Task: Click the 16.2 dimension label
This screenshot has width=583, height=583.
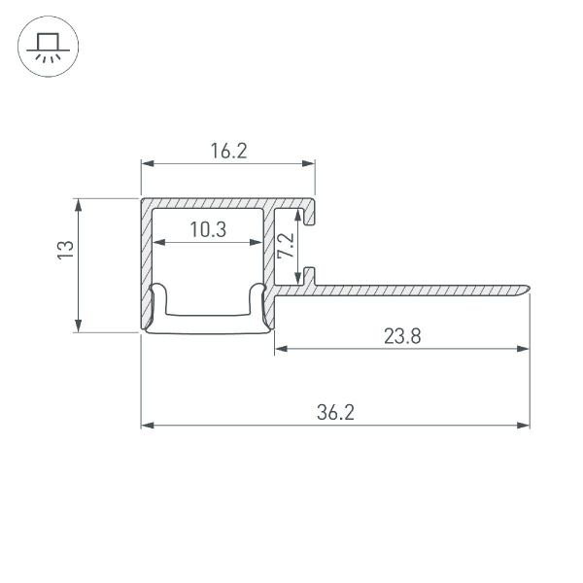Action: coord(228,151)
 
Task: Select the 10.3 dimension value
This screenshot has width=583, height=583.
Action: coord(208,230)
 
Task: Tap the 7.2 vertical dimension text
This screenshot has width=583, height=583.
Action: coord(286,245)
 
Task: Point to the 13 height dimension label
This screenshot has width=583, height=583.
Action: coord(64,250)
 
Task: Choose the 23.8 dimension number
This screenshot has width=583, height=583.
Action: coord(401,336)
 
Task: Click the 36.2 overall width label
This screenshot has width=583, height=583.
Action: coord(335,413)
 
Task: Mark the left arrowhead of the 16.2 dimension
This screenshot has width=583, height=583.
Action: coord(148,164)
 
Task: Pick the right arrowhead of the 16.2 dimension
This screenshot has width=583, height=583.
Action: coord(310,164)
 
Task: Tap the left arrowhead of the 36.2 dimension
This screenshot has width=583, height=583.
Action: coord(148,425)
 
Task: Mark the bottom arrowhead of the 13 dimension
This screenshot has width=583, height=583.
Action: coord(78,326)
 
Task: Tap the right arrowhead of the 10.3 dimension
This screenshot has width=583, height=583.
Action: coord(257,242)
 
